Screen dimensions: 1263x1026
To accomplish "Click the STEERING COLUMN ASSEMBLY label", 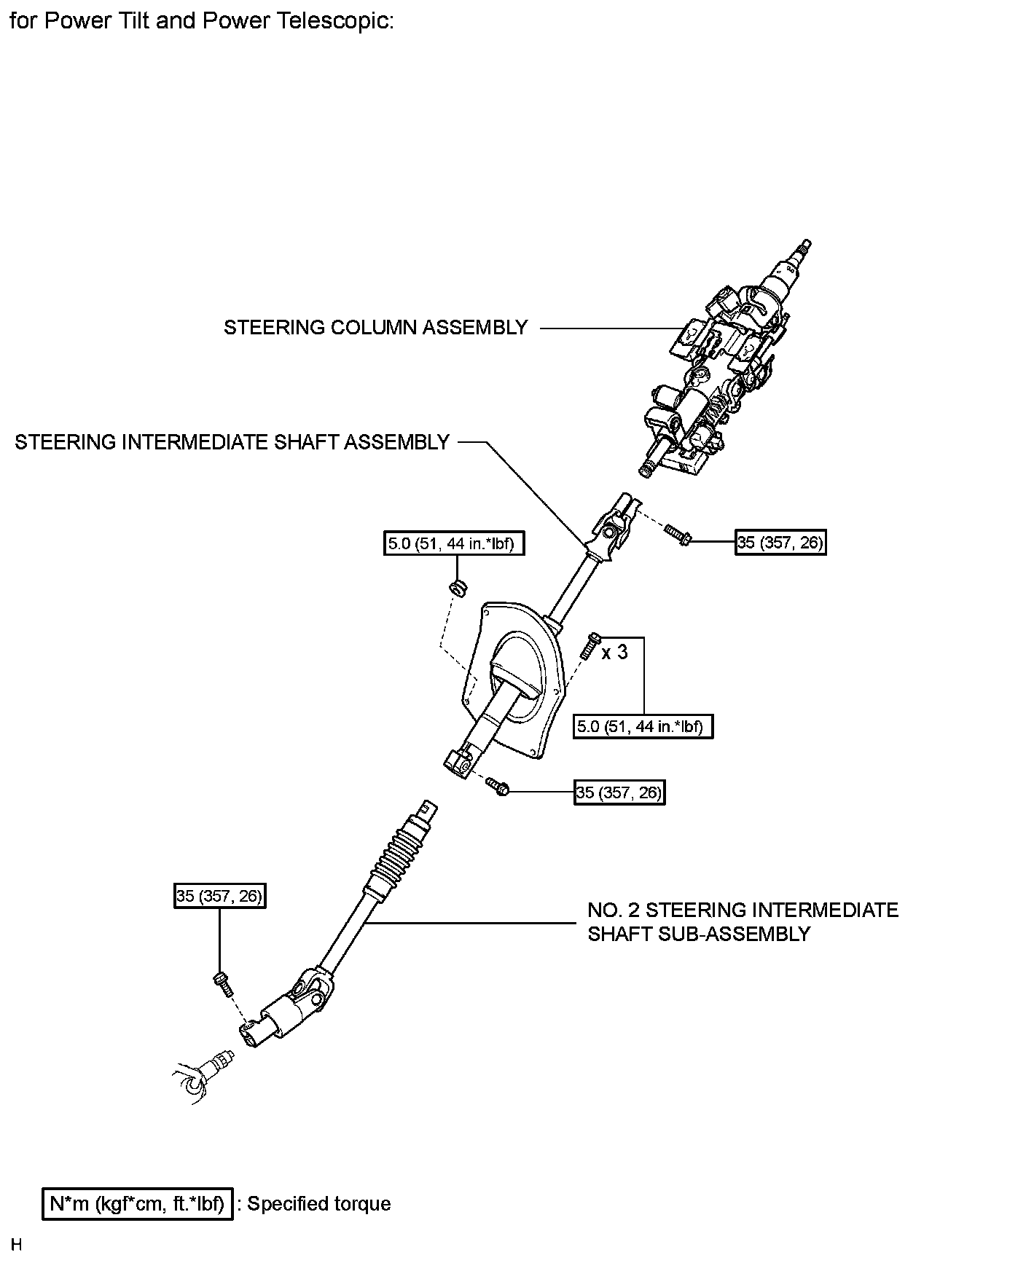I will [x=375, y=328].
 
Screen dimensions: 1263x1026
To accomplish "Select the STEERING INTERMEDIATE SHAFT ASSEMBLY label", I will [x=232, y=442].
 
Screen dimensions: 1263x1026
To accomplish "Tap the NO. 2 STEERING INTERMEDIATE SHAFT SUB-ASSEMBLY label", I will [x=743, y=921].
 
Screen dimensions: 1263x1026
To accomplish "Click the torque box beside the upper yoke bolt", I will [x=780, y=542].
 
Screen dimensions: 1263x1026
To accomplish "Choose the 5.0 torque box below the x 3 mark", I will [x=643, y=726].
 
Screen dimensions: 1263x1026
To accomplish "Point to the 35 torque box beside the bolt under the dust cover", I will [x=619, y=792].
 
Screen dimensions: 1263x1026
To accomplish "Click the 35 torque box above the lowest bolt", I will [x=219, y=896].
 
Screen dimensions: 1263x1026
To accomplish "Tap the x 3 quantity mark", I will [x=614, y=653].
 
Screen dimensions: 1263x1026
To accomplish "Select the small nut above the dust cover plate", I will [x=458, y=587].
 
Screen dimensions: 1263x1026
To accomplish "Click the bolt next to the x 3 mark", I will [x=590, y=647].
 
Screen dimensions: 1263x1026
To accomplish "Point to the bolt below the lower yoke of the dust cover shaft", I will [x=498, y=787].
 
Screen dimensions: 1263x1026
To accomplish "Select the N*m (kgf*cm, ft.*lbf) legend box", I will [x=137, y=1204].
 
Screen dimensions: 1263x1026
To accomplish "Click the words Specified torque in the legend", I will [x=318, y=1204].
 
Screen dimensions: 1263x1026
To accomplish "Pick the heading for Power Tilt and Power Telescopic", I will [x=202, y=21].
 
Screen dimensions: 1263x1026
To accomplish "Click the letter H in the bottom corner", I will [x=16, y=1245].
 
